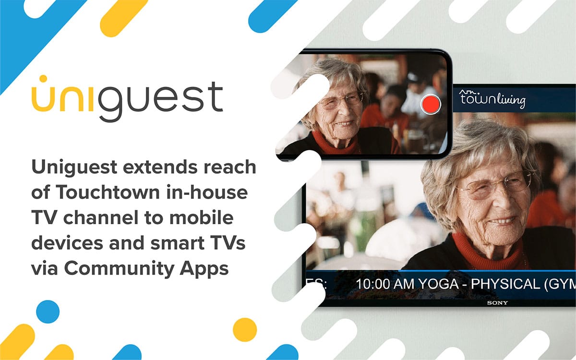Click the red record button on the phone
(x=431, y=104)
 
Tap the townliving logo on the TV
(x=492, y=99)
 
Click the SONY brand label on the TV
(x=497, y=303)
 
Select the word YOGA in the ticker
(x=438, y=284)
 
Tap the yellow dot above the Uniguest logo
(x=44, y=79)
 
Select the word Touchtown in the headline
(x=108, y=192)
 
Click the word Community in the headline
(x=120, y=269)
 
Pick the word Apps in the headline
(x=204, y=269)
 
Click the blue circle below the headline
(x=48, y=312)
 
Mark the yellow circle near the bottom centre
(x=245, y=330)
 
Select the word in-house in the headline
(x=207, y=192)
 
